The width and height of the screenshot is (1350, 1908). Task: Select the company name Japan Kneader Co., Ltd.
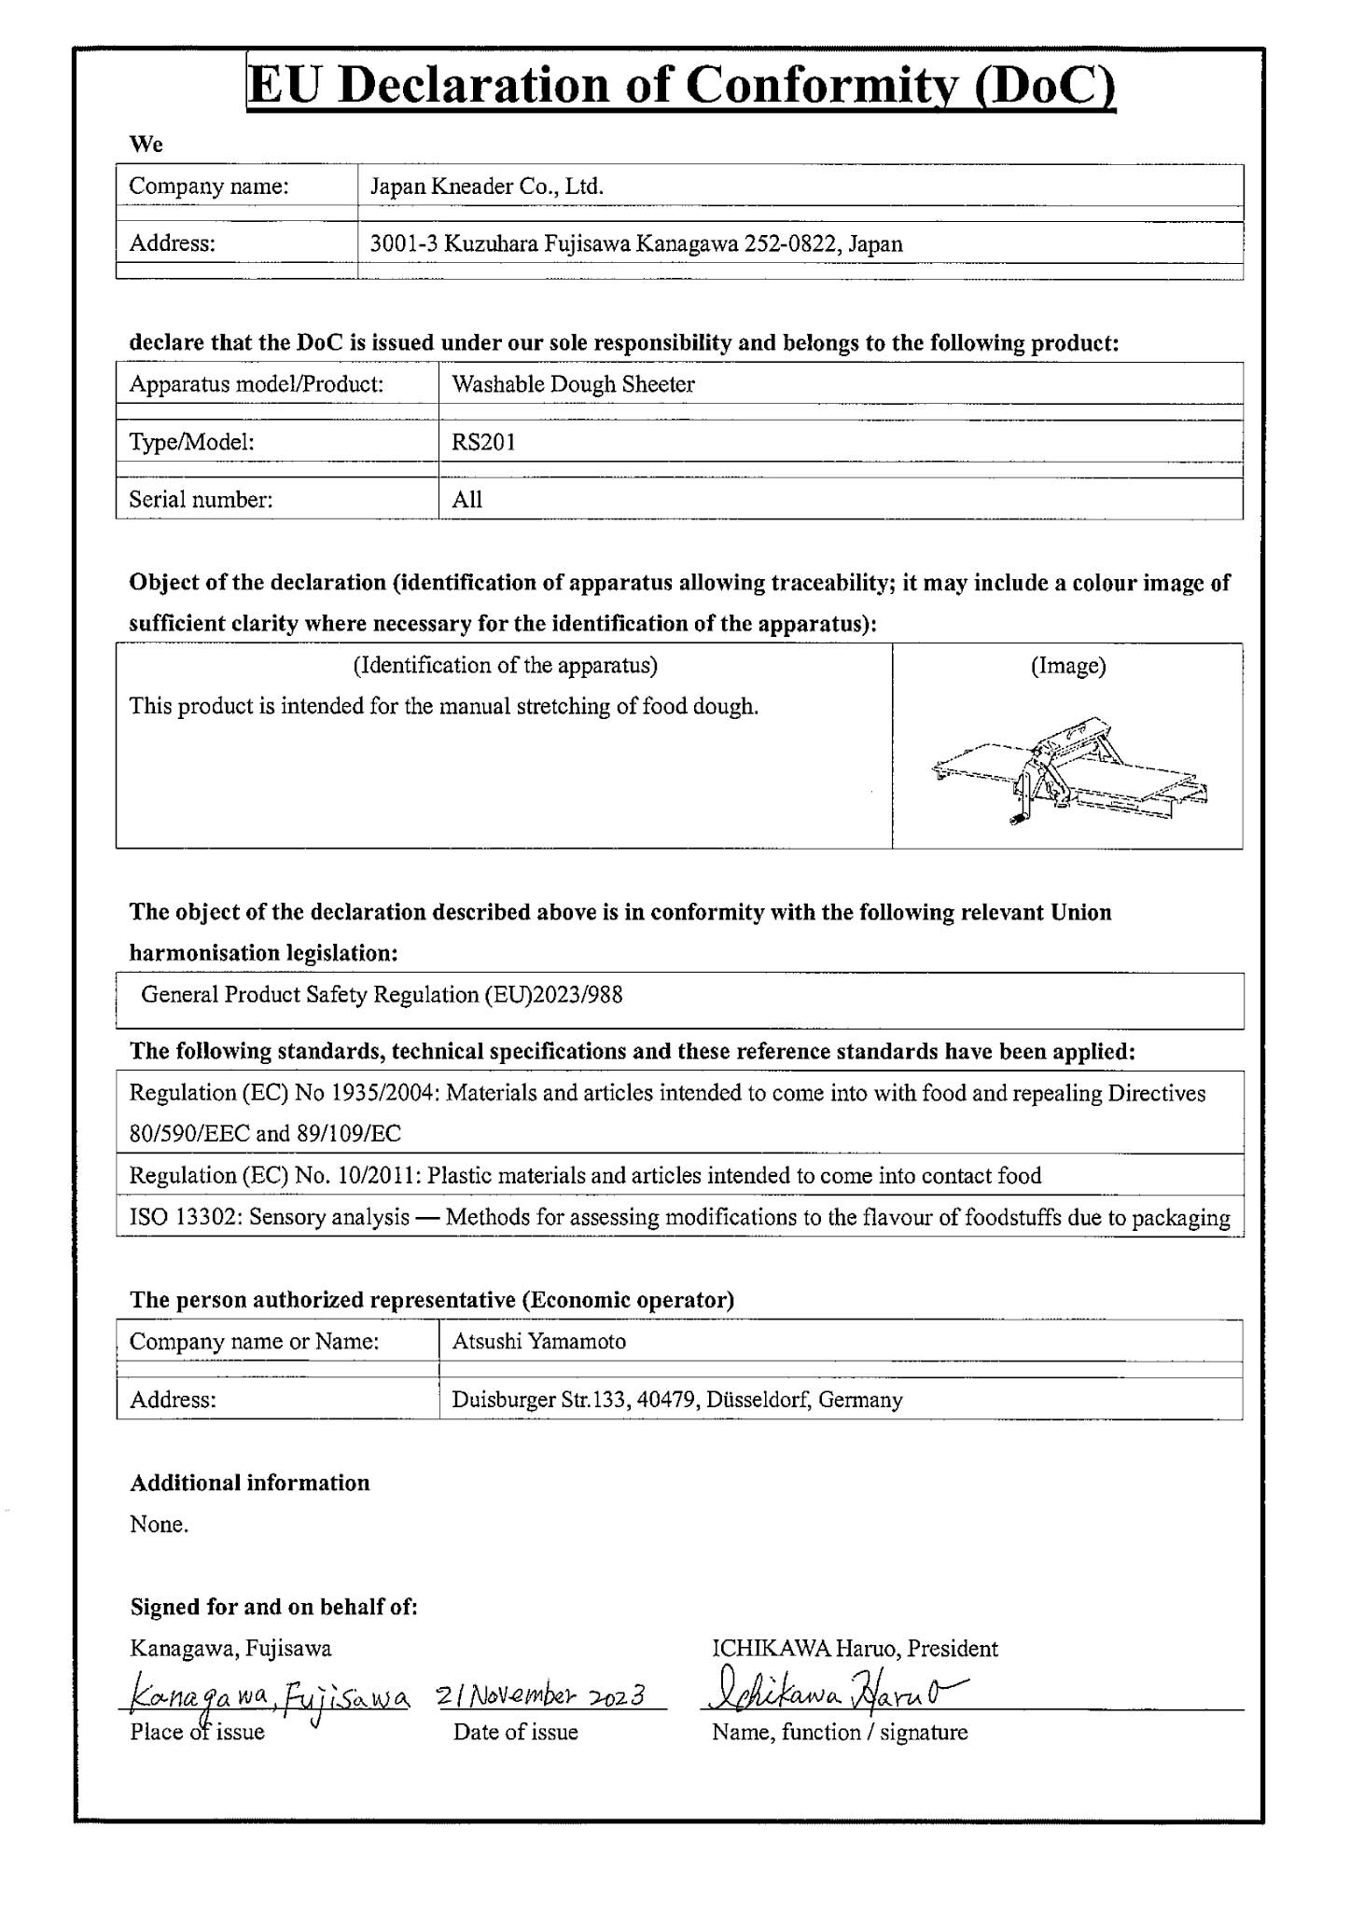coord(486,187)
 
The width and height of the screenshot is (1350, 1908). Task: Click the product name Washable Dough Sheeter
coord(573,384)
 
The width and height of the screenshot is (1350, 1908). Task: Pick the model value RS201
coord(483,442)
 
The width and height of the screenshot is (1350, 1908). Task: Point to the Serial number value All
coord(466,500)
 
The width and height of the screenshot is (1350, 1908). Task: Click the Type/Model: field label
coord(191,442)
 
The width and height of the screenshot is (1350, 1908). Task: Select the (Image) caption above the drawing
coord(1068,666)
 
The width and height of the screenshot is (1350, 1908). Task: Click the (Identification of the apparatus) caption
coord(505,665)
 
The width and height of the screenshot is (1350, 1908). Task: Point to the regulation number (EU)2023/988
coord(553,994)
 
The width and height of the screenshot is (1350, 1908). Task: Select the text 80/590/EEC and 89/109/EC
coord(265,1134)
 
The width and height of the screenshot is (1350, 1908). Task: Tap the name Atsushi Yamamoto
coord(538,1341)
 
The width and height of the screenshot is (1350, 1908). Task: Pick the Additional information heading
coord(249,1483)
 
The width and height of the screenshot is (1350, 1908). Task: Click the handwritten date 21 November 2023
coord(541,1694)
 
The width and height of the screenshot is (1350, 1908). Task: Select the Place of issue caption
coord(197,1732)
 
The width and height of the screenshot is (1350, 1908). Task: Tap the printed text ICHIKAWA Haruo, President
coord(854,1649)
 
